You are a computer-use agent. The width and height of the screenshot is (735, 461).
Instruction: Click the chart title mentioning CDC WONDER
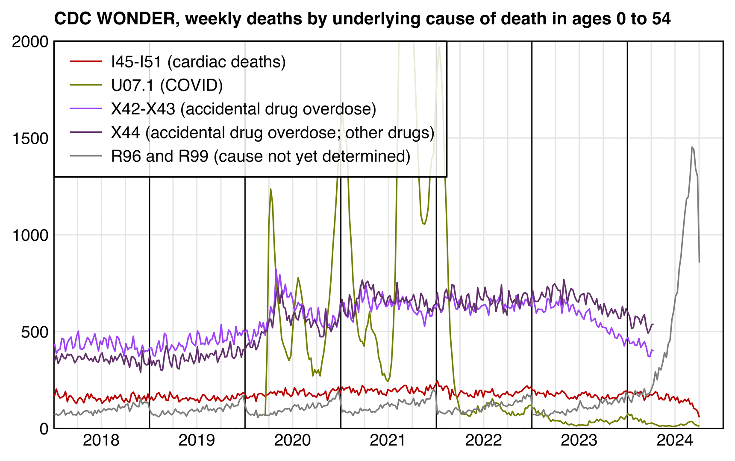(x=362, y=19)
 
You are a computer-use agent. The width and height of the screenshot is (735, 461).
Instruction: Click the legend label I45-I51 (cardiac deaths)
(x=198, y=62)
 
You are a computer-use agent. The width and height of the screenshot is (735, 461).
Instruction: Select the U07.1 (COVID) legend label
(x=167, y=85)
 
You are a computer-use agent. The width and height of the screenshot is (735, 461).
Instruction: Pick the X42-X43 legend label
(x=244, y=109)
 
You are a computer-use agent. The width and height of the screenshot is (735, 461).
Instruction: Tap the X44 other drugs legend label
(x=273, y=132)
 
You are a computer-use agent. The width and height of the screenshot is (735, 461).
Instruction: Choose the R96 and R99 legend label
(x=261, y=156)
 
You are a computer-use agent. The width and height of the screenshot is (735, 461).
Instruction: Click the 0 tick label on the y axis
(x=44, y=429)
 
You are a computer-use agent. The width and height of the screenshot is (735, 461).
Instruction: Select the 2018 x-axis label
(x=101, y=441)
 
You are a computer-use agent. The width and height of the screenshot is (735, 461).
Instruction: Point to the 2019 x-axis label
(x=197, y=441)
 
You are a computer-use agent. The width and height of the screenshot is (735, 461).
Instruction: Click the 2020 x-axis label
(x=292, y=441)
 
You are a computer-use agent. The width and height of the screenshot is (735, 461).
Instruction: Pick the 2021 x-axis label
(x=388, y=441)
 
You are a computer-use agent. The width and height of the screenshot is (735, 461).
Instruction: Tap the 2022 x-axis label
(x=483, y=441)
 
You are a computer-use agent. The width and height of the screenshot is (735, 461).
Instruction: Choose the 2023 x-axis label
(x=579, y=441)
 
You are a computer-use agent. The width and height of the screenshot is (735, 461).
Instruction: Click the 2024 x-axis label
(x=675, y=441)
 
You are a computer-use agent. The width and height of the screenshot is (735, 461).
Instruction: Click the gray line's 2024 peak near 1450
(x=692, y=147)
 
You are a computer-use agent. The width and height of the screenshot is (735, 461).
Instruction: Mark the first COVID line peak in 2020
(x=270, y=189)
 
